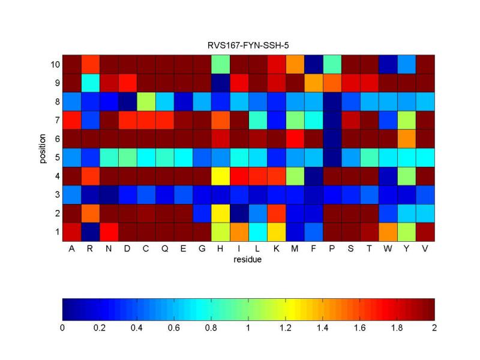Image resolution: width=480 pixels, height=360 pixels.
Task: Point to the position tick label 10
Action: coord(52,64)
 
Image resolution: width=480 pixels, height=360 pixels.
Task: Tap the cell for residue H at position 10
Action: coord(221,64)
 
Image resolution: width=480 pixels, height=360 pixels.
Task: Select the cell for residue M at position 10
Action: coord(295,64)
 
